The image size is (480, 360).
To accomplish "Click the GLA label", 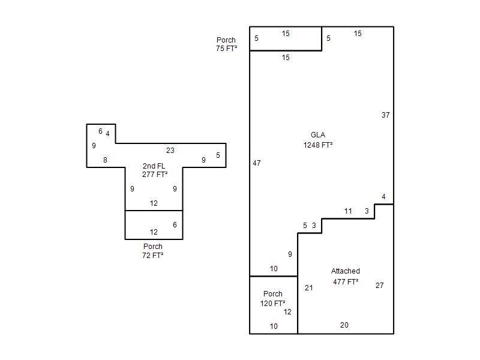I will (x=318, y=135).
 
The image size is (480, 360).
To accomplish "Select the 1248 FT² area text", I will (x=318, y=145).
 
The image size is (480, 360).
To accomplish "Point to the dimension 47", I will (x=257, y=163).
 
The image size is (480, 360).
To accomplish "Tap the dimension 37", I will (x=386, y=115).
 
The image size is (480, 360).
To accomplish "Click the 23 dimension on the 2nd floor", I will (x=170, y=151).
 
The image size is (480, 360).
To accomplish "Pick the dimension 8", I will (x=105, y=160).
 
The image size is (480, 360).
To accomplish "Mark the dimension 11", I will (x=348, y=211).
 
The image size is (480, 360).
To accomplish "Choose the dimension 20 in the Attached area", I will (x=344, y=325).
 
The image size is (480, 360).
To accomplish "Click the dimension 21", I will (x=308, y=288).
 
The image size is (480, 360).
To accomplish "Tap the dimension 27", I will (x=380, y=286).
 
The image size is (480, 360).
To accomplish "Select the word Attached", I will (x=346, y=271).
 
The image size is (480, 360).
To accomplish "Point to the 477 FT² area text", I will (x=346, y=281).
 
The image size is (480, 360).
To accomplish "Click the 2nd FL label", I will (x=154, y=166).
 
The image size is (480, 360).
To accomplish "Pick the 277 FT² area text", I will (x=155, y=175).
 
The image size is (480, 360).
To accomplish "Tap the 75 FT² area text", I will (x=226, y=49).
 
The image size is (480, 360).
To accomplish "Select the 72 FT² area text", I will (x=153, y=255).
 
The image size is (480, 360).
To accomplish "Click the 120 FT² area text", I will (x=273, y=304).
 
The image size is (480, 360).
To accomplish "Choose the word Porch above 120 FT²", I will (x=273, y=294).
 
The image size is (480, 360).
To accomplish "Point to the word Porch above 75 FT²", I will (x=226, y=40).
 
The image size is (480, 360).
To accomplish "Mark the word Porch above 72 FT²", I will (x=153, y=247).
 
